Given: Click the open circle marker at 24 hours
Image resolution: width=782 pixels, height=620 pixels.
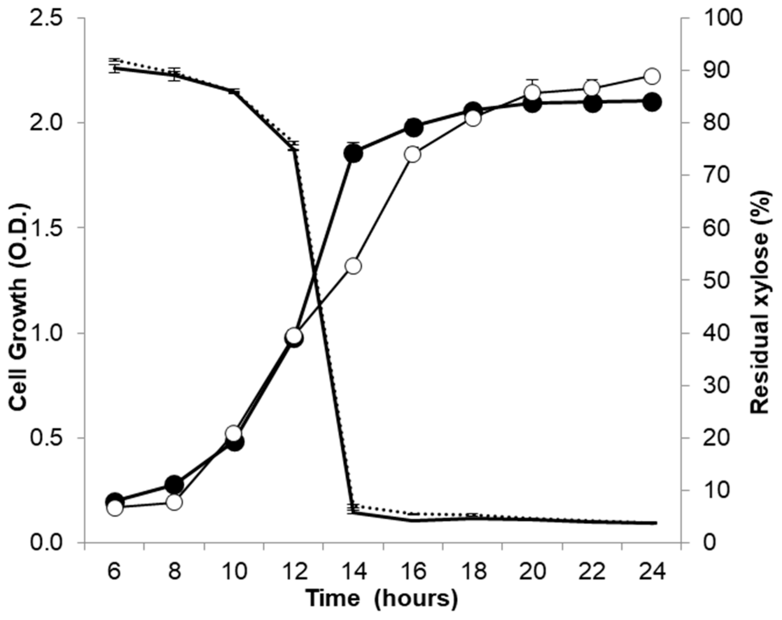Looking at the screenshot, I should coord(652,76).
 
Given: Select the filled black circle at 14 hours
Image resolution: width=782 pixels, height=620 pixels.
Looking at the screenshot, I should coord(353,154).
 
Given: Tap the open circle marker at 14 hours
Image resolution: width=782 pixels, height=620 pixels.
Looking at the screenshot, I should coord(353,266).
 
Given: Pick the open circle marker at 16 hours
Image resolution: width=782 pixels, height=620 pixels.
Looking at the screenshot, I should coord(413,154).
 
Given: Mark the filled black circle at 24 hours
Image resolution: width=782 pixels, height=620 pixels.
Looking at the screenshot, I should coord(652,102).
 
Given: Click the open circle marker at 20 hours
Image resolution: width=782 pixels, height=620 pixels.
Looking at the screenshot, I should coord(533,93).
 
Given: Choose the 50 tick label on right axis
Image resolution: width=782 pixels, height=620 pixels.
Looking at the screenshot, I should coord(715,280).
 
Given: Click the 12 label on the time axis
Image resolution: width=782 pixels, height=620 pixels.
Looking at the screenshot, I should coord(293,572).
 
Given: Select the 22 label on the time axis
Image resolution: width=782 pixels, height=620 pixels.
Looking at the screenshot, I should coord(592,572).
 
